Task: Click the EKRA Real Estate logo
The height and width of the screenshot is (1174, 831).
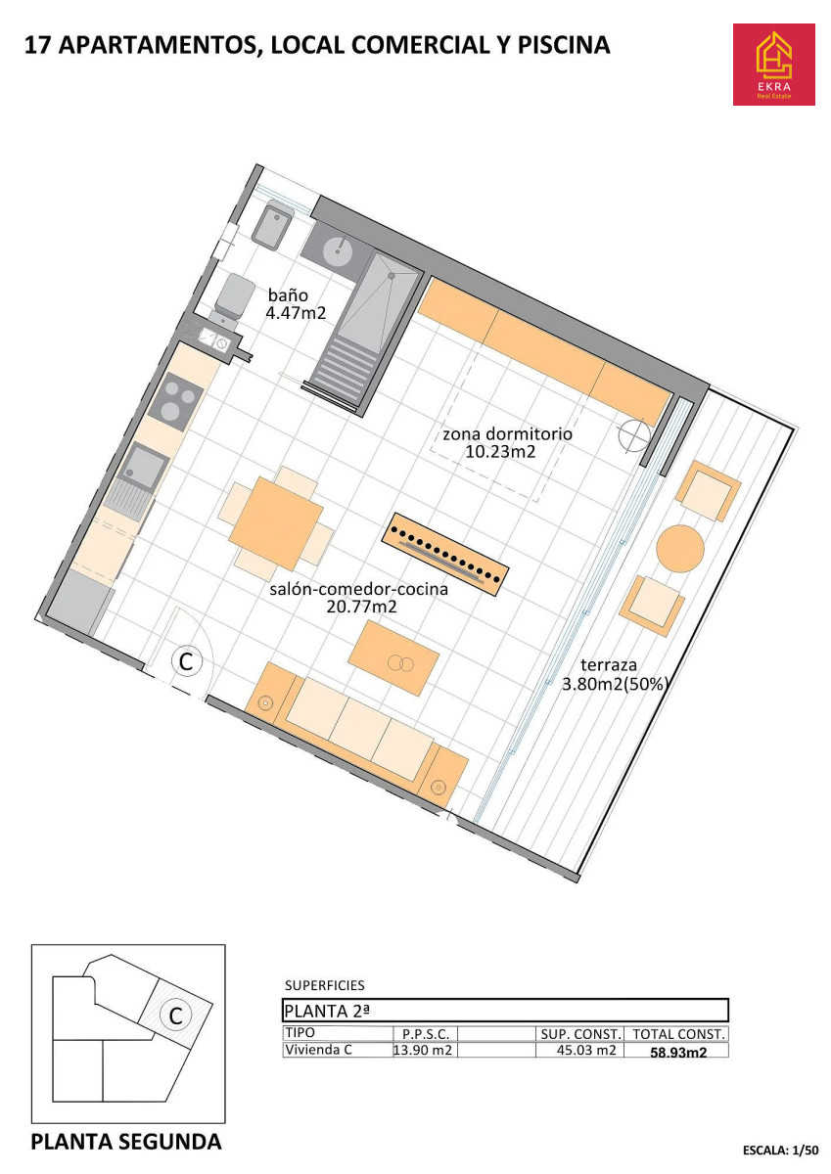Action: pos(773,65)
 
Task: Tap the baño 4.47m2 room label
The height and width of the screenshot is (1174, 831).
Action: pos(296,304)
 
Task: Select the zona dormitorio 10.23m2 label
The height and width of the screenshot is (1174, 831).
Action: pos(507,442)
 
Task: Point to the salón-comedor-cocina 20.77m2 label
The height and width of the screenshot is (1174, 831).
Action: pos(358,598)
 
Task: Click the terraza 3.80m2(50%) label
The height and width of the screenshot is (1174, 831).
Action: pos(615,674)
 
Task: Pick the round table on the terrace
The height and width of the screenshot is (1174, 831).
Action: pos(680,549)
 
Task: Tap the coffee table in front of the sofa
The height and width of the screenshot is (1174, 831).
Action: pos(393,657)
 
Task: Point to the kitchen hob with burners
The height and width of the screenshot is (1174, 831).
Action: pos(175,402)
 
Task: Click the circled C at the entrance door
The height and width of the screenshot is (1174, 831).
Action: pos(187,661)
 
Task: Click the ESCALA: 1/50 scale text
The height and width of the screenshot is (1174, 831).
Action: pos(780,1150)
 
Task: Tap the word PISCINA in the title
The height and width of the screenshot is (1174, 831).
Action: pos(564,45)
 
